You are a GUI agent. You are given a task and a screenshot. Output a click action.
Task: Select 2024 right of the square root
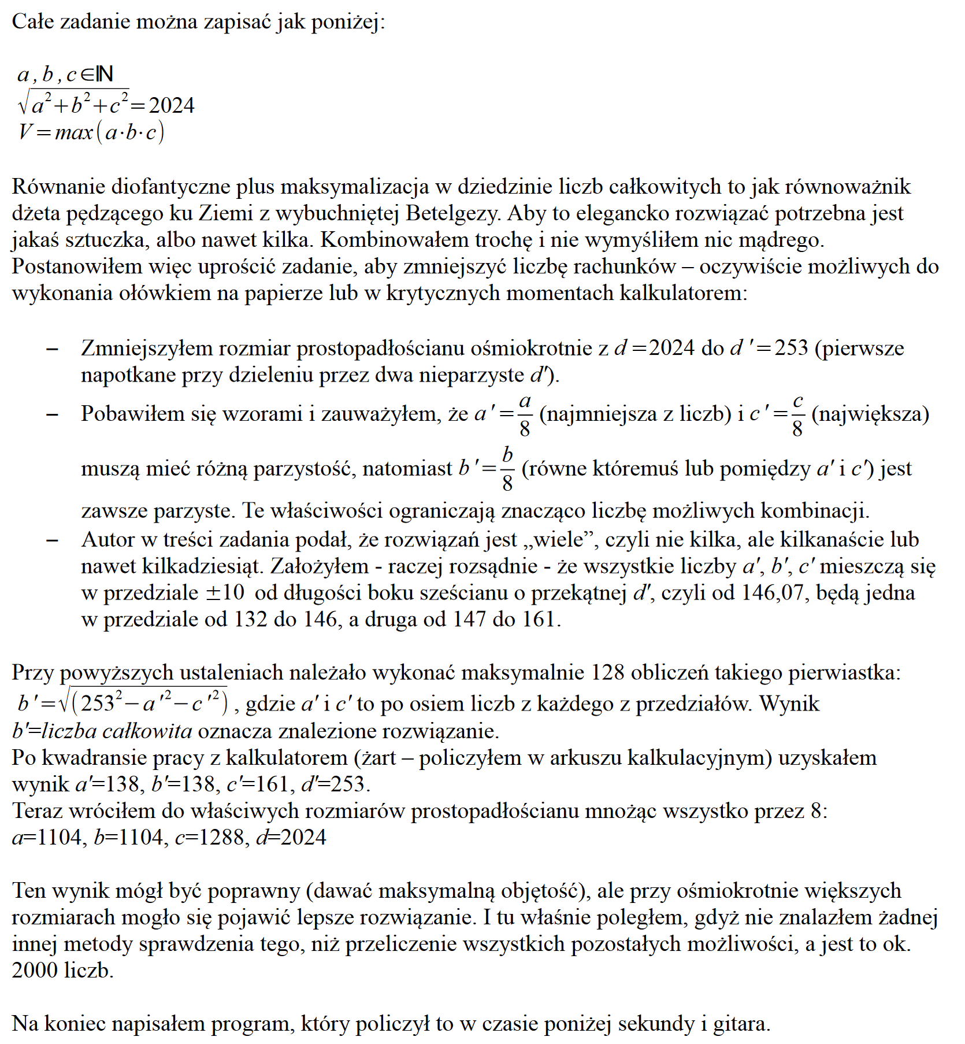(172, 106)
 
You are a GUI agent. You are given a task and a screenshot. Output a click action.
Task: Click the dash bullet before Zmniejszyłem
(52, 349)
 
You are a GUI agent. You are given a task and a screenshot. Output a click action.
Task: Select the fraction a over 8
(525, 414)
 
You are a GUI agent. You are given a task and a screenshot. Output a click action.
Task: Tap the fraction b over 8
(507, 468)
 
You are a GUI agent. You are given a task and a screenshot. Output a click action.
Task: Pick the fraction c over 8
(797, 414)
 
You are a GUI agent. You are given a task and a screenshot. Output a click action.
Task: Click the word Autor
(109, 540)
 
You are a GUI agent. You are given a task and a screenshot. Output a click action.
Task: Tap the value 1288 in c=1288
(222, 838)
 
